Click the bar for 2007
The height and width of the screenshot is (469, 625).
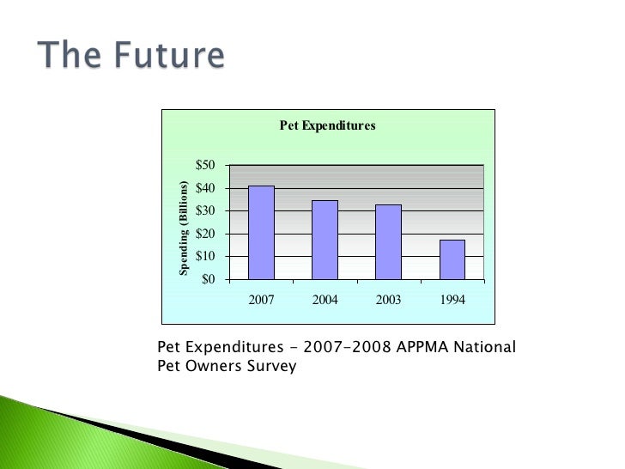(x=261, y=233)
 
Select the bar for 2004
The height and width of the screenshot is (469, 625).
(x=325, y=240)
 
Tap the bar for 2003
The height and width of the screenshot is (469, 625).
(x=388, y=241)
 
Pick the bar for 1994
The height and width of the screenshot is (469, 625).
(x=452, y=259)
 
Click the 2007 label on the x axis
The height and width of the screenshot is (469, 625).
(x=261, y=301)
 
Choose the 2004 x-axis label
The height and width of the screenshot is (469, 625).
(x=325, y=301)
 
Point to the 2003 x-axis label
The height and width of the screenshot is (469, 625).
(x=388, y=301)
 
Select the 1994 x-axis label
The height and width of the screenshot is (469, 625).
(x=452, y=301)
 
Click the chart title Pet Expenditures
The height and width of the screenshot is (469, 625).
(x=328, y=125)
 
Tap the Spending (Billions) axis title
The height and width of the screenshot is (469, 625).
(x=184, y=228)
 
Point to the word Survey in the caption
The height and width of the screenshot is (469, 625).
(x=270, y=366)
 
